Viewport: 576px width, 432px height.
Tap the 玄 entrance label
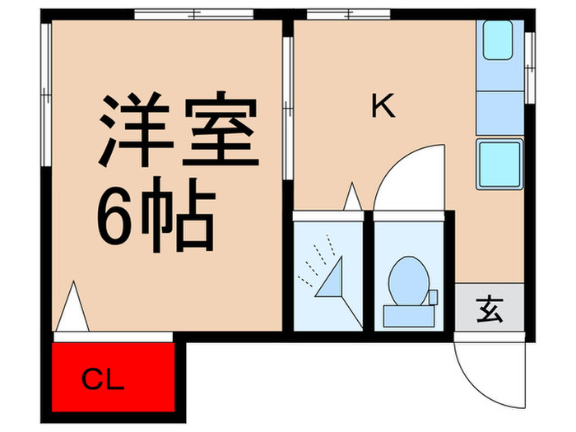click(489, 312)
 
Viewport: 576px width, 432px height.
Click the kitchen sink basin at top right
click(499, 40)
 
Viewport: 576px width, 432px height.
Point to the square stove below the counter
click(499, 164)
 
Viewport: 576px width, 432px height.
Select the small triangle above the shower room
click(352, 197)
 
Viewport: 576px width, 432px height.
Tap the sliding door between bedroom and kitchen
click(287, 107)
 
